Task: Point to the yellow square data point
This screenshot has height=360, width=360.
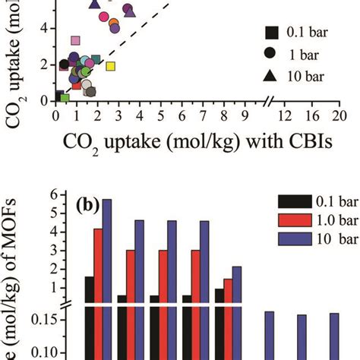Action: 110,67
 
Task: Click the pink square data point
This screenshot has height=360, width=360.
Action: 75,40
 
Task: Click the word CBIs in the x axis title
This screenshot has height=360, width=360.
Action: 308,142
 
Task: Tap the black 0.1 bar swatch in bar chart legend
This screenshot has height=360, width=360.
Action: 294,202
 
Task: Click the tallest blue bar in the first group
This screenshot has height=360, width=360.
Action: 107,251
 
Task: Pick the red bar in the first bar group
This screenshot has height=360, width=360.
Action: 98,266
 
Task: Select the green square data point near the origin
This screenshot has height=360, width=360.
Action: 65,98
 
